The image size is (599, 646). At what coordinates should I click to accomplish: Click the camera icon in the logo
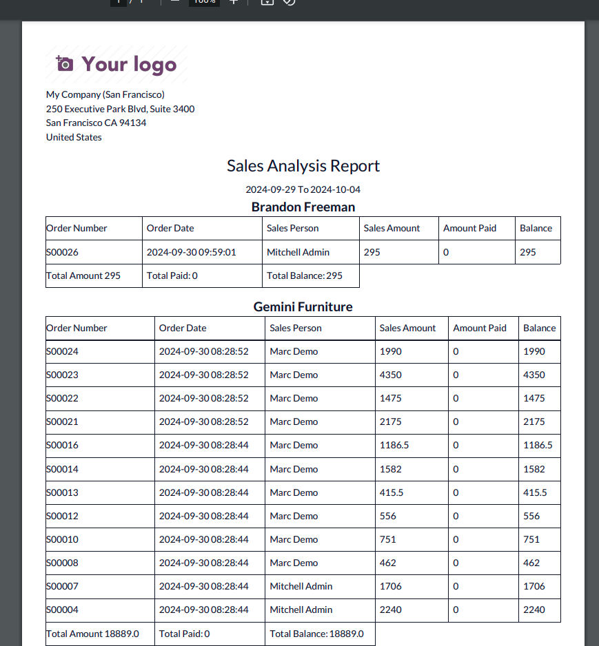(x=64, y=64)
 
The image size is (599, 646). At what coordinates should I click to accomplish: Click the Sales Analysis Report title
(x=303, y=166)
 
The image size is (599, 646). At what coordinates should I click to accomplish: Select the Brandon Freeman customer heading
(x=303, y=207)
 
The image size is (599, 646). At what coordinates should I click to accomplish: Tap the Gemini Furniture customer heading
(x=303, y=306)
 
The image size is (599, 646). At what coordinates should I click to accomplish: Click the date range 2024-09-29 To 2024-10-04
(x=303, y=189)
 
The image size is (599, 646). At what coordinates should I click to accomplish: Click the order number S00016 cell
(x=63, y=445)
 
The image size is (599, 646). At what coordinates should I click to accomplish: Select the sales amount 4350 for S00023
(x=391, y=375)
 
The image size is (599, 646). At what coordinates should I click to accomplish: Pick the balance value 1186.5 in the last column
(x=538, y=445)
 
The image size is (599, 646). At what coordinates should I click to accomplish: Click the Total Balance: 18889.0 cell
(x=317, y=634)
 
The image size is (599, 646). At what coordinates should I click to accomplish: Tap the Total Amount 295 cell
(x=83, y=275)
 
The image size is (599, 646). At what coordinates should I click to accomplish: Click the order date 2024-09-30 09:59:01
(x=191, y=252)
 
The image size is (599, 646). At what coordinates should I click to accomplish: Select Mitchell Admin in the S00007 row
(x=301, y=586)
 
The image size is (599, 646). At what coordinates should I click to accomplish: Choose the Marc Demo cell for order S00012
(x=294, y=516)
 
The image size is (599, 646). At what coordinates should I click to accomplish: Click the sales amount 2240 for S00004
(x=391, y=609)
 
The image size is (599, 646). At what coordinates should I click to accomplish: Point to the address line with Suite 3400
(x=120, y=109)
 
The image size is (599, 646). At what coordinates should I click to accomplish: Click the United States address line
(x=74, y=137)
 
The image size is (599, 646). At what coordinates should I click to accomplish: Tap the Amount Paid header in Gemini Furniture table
(x=480, y=328)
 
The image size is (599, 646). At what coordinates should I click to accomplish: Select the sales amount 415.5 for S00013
(x=392, y=492)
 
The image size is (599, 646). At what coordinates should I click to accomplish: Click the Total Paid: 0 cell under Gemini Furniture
(x=185, y=634)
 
